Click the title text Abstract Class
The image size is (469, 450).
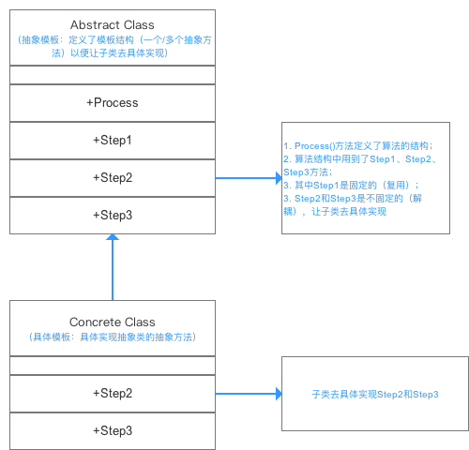click(x=113, y=23)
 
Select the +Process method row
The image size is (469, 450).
click(x=113, y=102)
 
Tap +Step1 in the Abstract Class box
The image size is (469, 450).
click(x=113, y=140)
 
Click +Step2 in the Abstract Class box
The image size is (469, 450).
click(x=113, y=177)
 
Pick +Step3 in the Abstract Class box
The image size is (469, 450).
click(x=113, y=215)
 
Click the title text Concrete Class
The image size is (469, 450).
click(x=113, y=322)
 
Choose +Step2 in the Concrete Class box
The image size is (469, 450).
click(x=113, y=393)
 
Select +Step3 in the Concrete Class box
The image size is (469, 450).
click(x=113, y=430)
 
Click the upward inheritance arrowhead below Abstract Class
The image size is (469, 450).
click(x=113, y=239)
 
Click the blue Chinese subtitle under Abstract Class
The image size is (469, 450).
click(x=113, y=46)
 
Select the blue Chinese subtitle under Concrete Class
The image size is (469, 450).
click(x=113, y=337)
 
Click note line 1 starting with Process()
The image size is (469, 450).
click(x=357, y=146)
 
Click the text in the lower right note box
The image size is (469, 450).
click(x=375, y=395)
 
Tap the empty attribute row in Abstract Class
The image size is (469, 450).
click(x=113, y=75)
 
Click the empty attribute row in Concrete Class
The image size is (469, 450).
click(x=113, y=365)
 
